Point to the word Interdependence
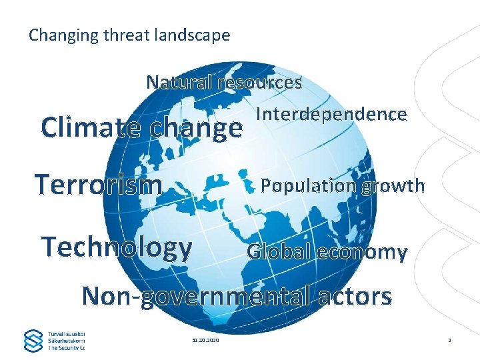pos(331,115)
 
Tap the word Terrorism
pos(99,185)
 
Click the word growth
pos(393,185)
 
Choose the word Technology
pos(117,247)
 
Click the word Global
pos(279,252)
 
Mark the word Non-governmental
pos(195,295)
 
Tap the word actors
pos(355,295)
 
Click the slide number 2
pos(449,341)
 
